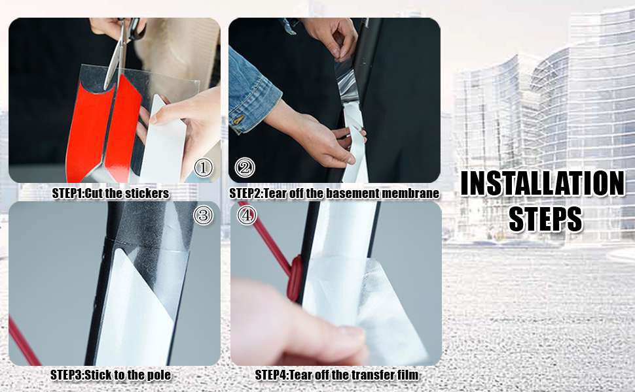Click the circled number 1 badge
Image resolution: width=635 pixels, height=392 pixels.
[x=204, y=167]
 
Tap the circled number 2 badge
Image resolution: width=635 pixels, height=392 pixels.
[x=245, y=167]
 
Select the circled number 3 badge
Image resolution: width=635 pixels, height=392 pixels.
[x=204, y=215]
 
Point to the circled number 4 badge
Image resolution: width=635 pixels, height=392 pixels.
[x=247, y=216]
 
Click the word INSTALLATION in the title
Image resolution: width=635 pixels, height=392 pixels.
[x=543, y=184]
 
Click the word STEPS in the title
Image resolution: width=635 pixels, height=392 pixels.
[x=545, y=219]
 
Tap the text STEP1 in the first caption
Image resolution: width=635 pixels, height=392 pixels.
[x=67, y=193]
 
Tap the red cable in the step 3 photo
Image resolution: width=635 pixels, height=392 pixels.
[x=22, y=342]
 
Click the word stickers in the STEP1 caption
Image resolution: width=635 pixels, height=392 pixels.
[x=147, y=193]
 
